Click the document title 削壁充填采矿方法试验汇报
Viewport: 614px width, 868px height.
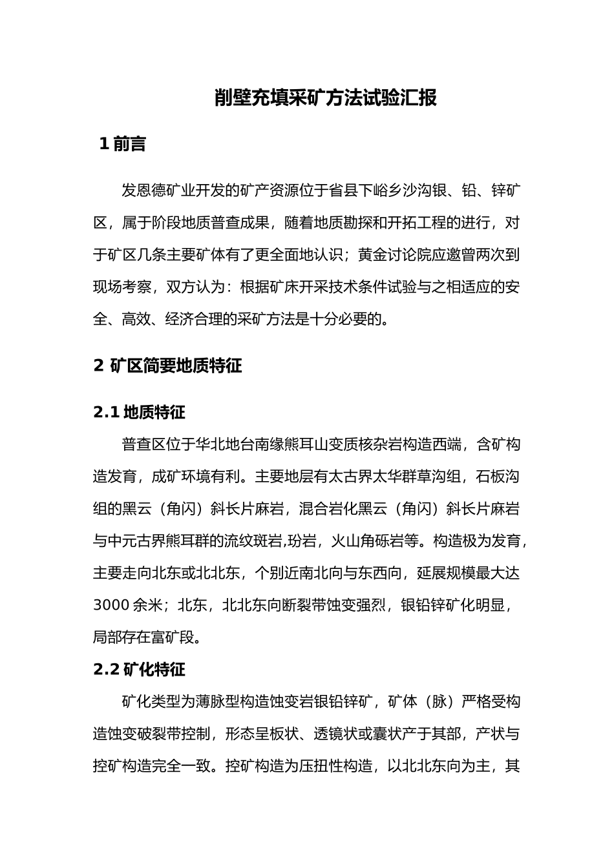(x=326, y=98)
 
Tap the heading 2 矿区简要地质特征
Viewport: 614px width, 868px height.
(x=167, y=366)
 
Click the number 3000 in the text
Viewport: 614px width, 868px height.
(x=111, y=605)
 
